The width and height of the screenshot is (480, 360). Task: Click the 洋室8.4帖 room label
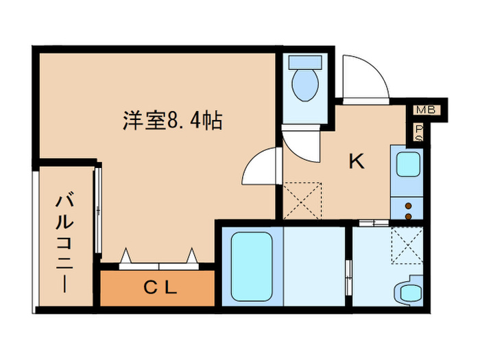click(172, 121)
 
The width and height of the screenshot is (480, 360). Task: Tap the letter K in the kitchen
click(357, 161)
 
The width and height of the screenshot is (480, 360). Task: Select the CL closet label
click(160, 288)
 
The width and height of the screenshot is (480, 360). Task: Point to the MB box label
click(426, 110)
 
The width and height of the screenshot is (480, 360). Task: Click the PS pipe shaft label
click(419, 133)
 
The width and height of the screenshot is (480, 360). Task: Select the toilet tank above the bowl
click(305, 62)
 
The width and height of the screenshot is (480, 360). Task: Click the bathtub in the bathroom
click(252, 266)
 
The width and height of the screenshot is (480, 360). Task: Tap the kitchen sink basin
click(408, 165)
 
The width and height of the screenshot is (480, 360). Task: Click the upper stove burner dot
click(409, 206)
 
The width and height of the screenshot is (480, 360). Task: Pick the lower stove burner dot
click(409, 217)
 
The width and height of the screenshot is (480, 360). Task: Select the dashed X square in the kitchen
click(302, 201)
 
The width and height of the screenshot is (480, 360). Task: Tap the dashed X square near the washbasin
click(407, 245)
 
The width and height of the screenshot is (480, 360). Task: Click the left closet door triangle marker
click(125, 256)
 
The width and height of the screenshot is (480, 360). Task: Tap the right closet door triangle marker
click(191, 256)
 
